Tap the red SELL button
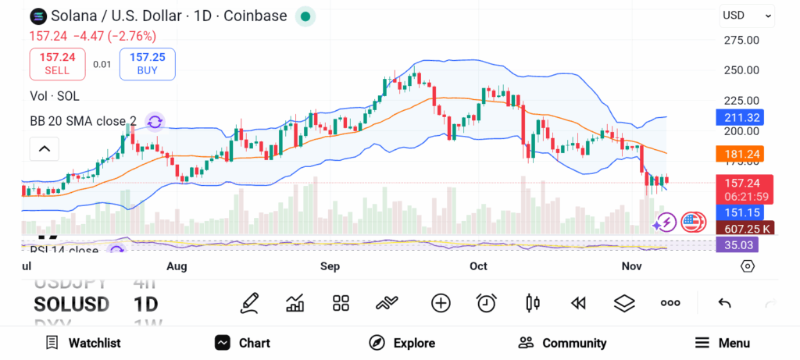[57, 63]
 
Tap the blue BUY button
[147, 63]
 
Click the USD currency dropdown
[746, 15]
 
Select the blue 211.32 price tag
[740, 118]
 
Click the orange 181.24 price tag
[740, 154]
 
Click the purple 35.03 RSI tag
[737, 244]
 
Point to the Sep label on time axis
[330, 266]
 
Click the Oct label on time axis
[478, 266]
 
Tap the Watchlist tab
[84, 343]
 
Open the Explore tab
[402, 343]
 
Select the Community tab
[562, 343]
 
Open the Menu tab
[723, 343]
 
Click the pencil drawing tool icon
[250, 303]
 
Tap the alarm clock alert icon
[487, 303]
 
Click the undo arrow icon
[724, 303]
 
